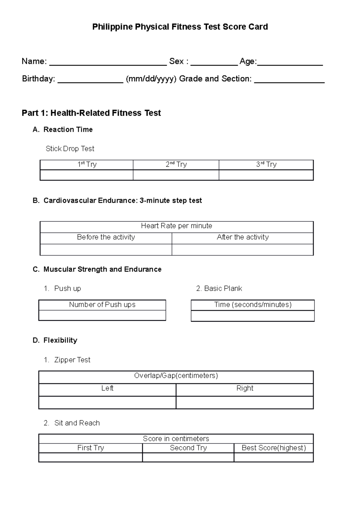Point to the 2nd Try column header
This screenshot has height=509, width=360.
pos(176,165)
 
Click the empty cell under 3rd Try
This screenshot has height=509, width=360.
pos(266,175)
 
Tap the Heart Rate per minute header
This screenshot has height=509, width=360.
pos(176,226)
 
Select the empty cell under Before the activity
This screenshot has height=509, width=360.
pos(106,250)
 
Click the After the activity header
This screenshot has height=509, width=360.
pos(243,237)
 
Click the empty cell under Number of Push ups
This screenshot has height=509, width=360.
pos(102,315)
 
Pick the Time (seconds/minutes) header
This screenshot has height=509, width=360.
pos(253,305)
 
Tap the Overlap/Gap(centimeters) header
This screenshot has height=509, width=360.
pos(176,376)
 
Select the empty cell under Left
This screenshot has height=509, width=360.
pos(107,403)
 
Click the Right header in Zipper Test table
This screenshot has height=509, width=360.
pos(245,388)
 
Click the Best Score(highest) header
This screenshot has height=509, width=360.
pos(274,448)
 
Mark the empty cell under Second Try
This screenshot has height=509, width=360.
pos(188,457)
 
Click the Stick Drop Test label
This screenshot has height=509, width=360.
pos(70,149)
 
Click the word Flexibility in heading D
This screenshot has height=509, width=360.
pos(60,341)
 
